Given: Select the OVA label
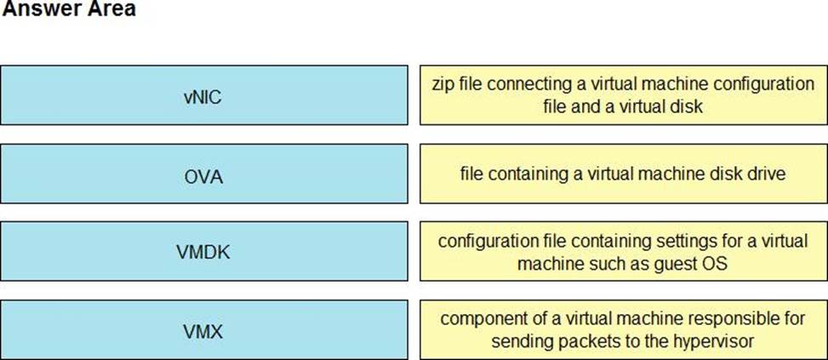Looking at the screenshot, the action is [204, 177].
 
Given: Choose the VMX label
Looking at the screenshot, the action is [204, 333].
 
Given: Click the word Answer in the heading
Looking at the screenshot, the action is [37, 9].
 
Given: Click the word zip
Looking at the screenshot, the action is [442, 85].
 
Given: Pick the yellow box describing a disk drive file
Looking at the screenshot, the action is [624, 174].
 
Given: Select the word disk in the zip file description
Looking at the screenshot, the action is [686, 106].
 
